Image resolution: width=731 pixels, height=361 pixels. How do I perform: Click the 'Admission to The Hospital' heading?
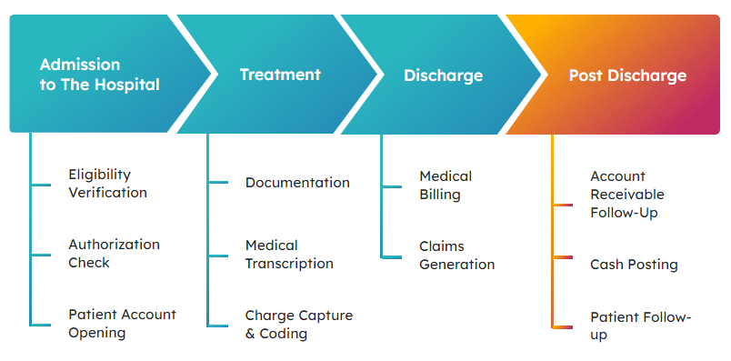pos(100,75)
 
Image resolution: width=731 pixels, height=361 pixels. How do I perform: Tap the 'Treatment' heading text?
pos(280,75)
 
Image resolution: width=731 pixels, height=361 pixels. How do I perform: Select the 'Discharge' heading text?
pos(444,75)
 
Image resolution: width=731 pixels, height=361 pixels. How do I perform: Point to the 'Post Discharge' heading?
pos(627,75)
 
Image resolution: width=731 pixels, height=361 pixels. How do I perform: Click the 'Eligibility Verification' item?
pos(107,184)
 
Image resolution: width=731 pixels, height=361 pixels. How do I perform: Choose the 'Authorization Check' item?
pos(115,254)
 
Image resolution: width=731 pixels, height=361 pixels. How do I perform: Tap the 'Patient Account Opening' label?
pos(122,324)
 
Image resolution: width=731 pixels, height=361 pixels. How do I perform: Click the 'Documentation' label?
pos(297,183)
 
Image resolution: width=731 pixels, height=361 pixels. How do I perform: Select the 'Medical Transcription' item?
pos(289,255)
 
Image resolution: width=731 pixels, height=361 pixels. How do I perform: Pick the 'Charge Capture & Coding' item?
pos(299,324)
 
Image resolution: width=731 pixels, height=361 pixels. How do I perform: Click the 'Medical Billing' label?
pos(446,186)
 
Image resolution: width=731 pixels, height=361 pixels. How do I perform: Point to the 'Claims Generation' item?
pos(456,256)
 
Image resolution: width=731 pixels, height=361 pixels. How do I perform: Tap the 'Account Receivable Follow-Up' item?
pos(627,195)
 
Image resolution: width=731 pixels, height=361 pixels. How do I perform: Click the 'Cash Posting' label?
pos(634,265)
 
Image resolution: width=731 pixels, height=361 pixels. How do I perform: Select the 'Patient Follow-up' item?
pos(641,326)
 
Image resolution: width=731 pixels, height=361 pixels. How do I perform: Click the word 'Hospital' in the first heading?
pos(127,85)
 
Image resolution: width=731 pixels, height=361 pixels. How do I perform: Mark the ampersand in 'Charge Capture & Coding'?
pos(250,334)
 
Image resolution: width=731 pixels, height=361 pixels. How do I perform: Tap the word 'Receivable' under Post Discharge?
pos(627,195)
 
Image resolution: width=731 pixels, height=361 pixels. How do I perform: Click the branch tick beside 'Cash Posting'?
pos(563,257)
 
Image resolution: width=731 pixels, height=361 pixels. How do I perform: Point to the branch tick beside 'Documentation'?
pos(218,183)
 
